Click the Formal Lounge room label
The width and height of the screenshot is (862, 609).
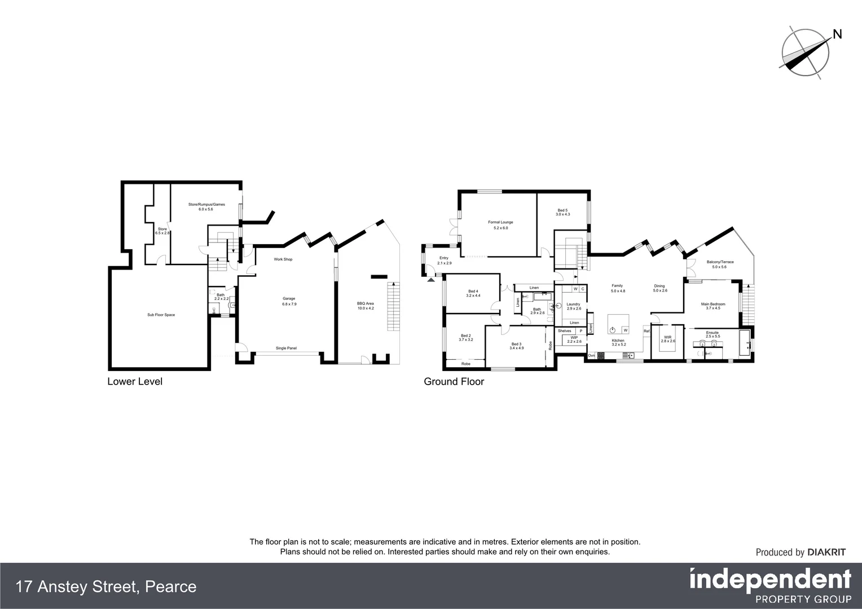pos(500,222)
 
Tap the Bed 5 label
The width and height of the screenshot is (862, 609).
pos(562,210)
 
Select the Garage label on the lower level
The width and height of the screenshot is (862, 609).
pos(289,299)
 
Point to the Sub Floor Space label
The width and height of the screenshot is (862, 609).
pos(161,315)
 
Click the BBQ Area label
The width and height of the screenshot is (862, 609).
pos(366,303)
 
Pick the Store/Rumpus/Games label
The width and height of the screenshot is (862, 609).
pos(206,204)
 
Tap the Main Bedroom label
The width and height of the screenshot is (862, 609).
pos(713,304)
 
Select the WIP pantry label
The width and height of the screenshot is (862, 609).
pos(574,337)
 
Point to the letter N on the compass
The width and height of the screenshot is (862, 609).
pos(837,34)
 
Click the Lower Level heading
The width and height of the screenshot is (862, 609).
pos(135,382)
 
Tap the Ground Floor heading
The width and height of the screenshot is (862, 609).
pos(454,382)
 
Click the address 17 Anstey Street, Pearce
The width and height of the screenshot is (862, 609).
pos(107,587)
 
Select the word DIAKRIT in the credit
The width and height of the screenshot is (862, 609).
pos(826,553)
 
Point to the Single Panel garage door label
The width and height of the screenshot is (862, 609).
pos(286,348)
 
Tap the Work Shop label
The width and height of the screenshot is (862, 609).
pos(283,259)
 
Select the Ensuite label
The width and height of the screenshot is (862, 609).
pos(712,333)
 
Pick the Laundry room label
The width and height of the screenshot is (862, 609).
pos(573,304)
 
